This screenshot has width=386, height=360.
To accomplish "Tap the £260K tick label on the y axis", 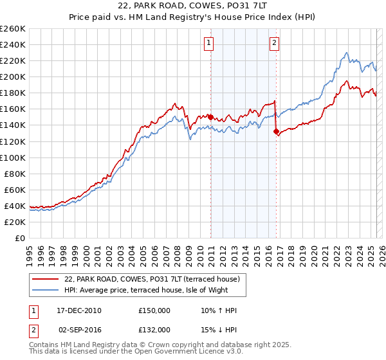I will point(12,29).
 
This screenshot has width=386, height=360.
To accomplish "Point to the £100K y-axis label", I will point(12,157).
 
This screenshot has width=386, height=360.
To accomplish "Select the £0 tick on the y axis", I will point(21,238).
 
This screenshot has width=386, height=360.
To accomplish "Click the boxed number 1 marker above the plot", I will point(210,44).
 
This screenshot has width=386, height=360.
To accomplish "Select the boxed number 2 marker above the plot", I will point(274,44).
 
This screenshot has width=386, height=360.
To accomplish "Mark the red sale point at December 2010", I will point(210,117).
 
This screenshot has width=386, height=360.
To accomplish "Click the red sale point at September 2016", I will point(276,132).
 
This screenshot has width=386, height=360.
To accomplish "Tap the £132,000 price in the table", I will point(154,329).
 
